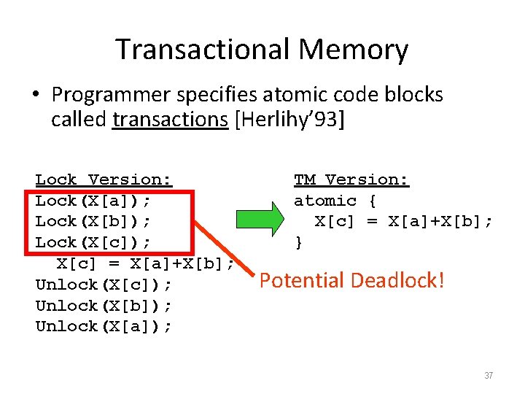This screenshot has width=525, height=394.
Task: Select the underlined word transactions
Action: coord(171,119)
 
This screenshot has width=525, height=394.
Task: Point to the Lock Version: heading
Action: coord(104,179)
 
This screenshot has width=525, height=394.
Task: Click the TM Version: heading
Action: coord(351,179)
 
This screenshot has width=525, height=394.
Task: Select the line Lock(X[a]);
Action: coord(103,201)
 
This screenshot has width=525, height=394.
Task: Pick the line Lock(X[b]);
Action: coord(103,221)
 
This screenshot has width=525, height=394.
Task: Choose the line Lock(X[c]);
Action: coord(103,242)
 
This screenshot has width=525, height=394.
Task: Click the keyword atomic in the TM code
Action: coord(325,201)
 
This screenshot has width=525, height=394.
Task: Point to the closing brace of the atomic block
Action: coord(298,242)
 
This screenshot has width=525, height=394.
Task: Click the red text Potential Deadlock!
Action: coord(351,280)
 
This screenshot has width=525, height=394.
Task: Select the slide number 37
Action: coord(489,376)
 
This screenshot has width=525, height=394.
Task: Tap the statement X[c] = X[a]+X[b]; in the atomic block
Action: coord(403,221)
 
